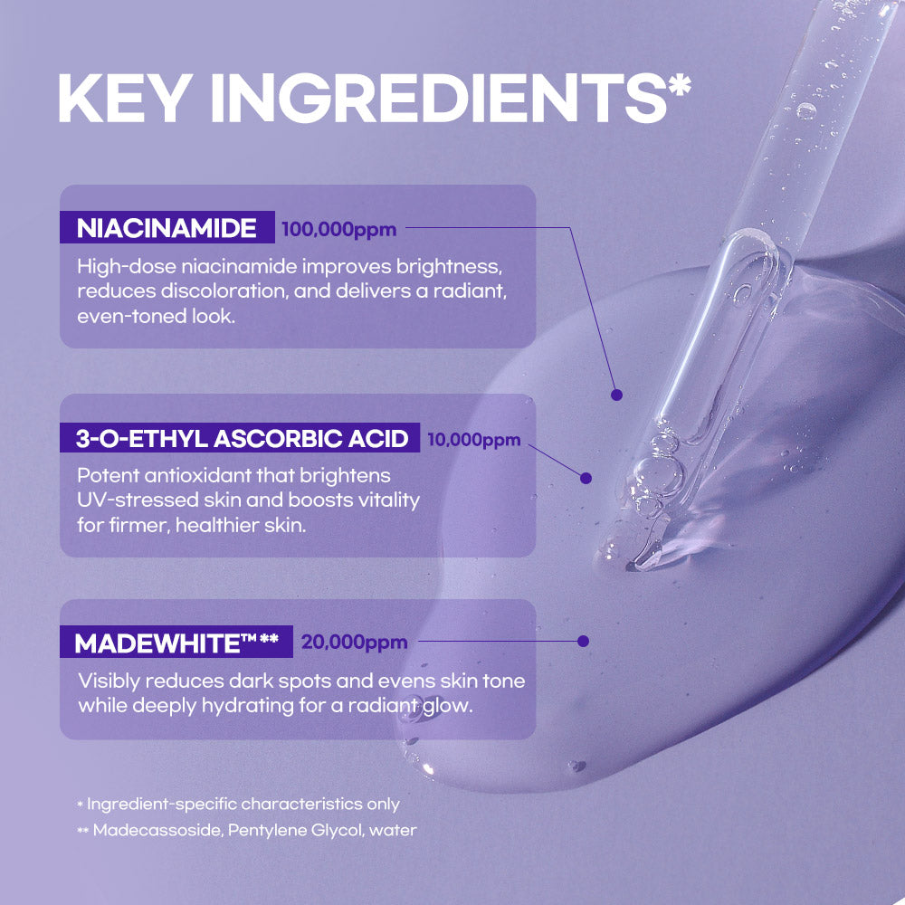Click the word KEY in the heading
126,98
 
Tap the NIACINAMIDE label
167,228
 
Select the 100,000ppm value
338,230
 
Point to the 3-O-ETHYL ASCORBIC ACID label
241,438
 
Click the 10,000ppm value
474,440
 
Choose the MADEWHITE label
176,642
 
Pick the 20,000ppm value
355,642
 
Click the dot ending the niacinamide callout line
616,395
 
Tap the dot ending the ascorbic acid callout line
586,478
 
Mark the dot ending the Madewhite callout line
583,642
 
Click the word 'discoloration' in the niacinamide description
224,291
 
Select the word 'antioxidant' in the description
197,476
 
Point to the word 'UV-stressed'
138,500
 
